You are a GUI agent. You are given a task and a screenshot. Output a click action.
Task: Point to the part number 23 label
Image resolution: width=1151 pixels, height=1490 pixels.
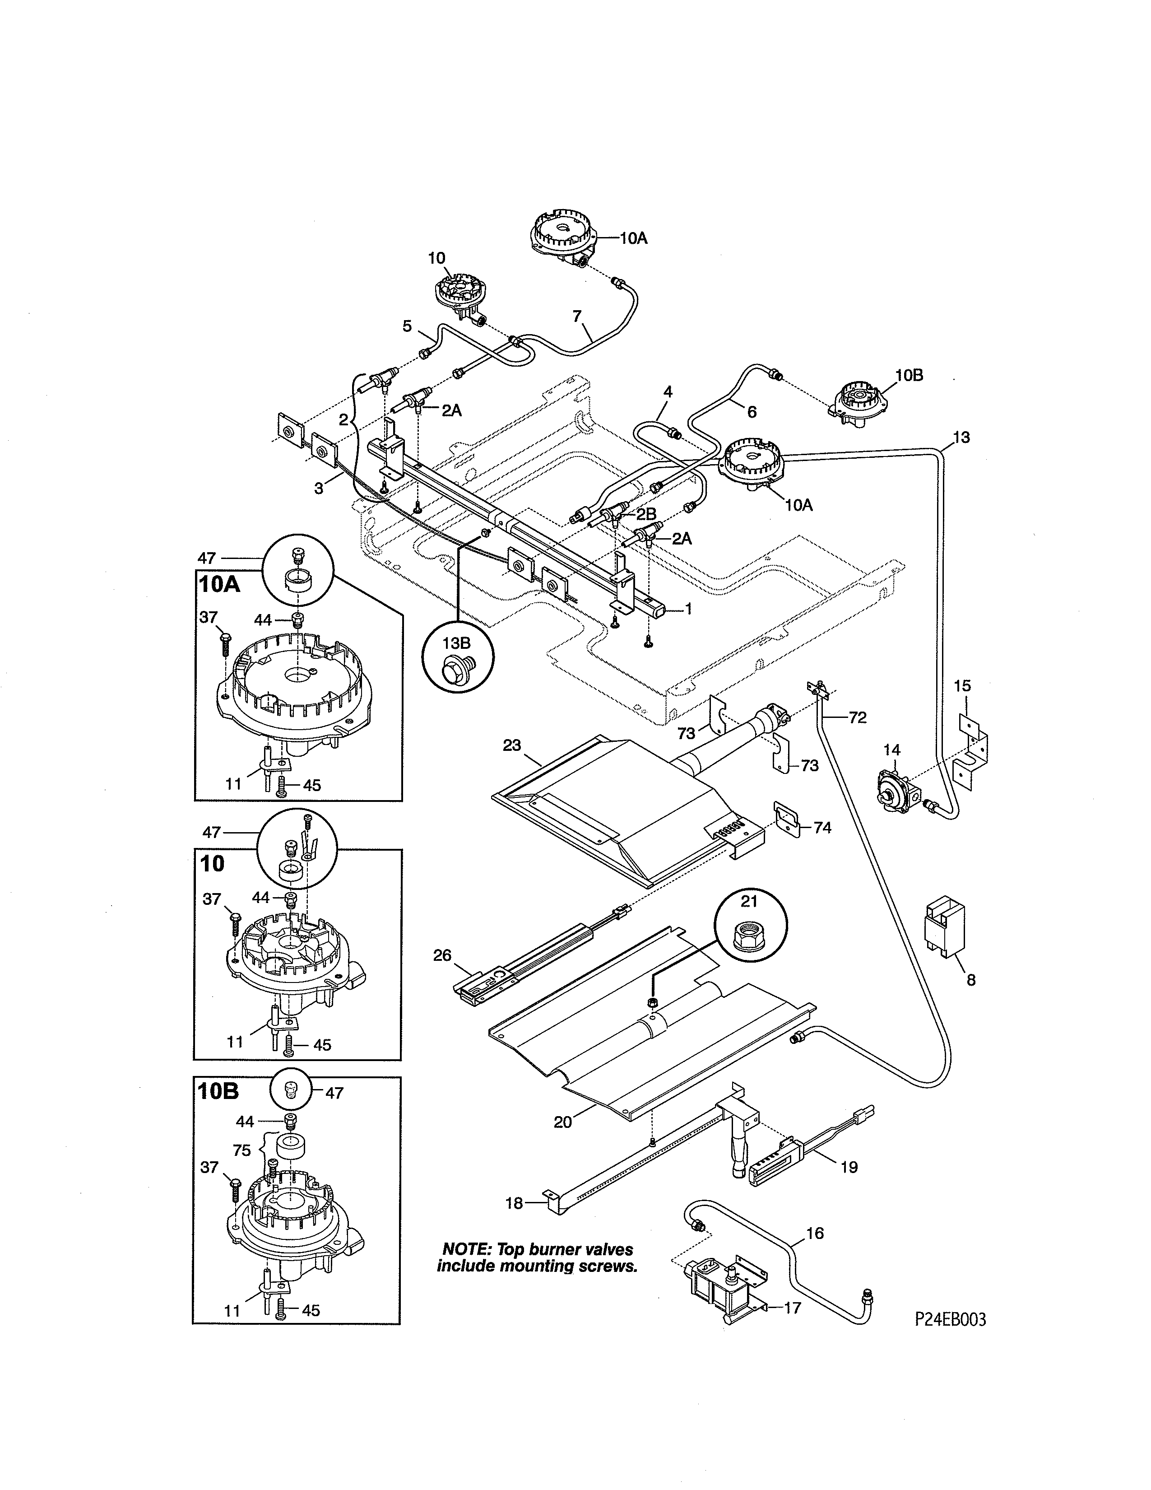512,746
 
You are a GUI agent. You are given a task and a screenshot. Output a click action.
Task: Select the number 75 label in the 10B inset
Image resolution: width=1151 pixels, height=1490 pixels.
242,1151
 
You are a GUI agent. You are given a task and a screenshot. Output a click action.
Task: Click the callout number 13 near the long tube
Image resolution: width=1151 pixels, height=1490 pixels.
961,438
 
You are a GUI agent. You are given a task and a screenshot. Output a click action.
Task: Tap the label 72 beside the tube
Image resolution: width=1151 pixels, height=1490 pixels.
857,718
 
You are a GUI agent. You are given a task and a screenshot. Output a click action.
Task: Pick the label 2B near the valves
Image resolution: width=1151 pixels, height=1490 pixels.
646,514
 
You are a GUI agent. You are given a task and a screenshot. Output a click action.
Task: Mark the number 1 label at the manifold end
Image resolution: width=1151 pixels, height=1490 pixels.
689,609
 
